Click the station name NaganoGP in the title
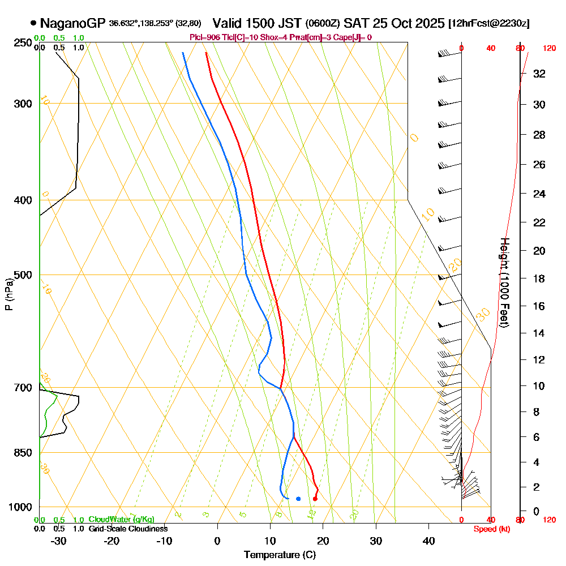coord(73,23)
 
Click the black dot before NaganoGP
coord(33,23)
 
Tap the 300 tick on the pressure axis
coord(22,104)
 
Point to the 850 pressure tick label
coord(22,453)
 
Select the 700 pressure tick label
coord(22,388)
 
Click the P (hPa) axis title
coord(8,294)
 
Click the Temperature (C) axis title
coord(279,555)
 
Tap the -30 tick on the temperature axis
coord(58,541)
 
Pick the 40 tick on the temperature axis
coord(428,541)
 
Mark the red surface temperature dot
coord(315,499)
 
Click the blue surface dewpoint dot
coord(298,499)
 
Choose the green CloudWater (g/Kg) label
coord(121,520)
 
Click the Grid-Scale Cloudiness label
coord(127,529)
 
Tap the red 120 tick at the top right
coord(549,49)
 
